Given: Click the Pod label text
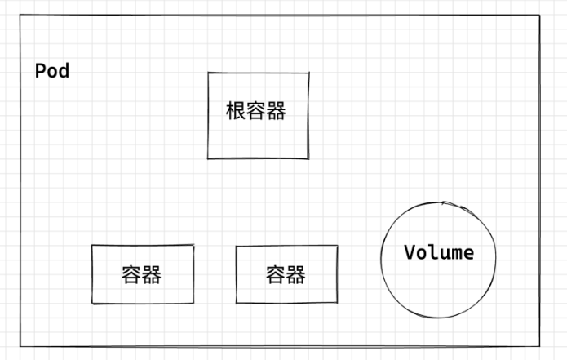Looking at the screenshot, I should (x=52, y=71).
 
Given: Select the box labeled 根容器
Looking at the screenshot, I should (x=258, y=115).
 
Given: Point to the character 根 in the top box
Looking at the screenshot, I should (x=236, y=111).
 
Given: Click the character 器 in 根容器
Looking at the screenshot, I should (x=277, y=111).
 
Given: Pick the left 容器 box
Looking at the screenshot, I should (x=142, y=274).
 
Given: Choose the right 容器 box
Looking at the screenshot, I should (x=286, y=274).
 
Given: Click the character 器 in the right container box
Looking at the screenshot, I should (x=296, y=274).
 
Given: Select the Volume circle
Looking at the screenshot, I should (x=439, y=258).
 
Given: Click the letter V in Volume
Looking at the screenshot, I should (x=410, y=252).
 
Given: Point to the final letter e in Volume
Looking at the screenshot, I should (x=468, y=253).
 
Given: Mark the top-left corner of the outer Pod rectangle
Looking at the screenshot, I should (x=21, y=15).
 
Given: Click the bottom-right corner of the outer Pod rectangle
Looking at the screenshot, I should (x=541, y=346).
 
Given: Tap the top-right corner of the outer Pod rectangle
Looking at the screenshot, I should (x=539, y=15).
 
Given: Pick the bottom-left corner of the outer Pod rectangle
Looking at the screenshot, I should (x=21, y=346).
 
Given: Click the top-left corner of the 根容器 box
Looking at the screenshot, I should (x=208, y=73).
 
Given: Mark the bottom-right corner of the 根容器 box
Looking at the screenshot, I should (x=308, y=158).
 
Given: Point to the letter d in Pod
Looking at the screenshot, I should (x=64, y=71).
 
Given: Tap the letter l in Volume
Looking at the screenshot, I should (x=433, y=252).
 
